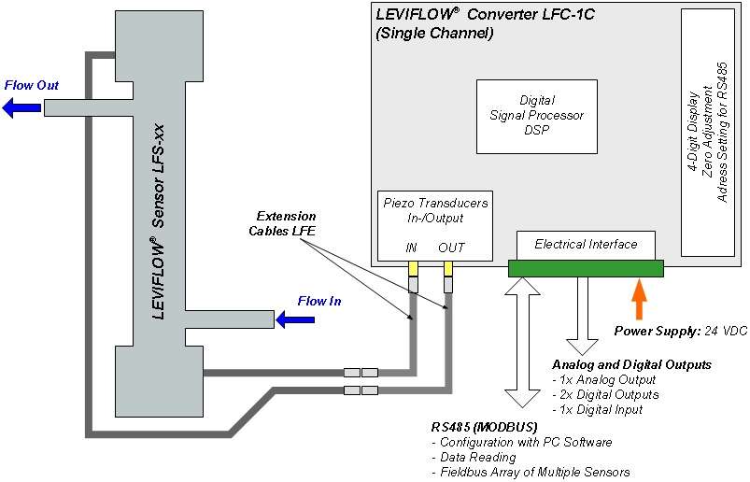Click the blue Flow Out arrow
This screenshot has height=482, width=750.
coord(21,108)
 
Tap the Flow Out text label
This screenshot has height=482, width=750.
coord(32,86)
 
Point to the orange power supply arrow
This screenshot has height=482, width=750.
coord(639,301)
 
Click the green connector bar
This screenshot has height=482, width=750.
coord(586,269)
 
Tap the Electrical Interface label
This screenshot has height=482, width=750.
coord(586,245)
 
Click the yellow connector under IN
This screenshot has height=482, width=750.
coord(413,268)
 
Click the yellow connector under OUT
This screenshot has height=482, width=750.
coord(448,269)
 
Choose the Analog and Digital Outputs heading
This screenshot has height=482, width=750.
coord(631,364)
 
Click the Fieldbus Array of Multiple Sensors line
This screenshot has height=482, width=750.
coord(531,472)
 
